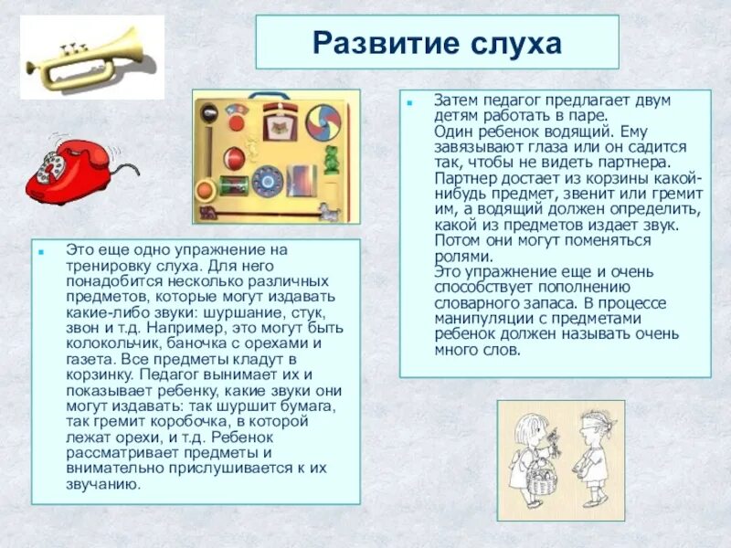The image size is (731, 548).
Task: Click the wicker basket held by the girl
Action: pyautogui.click(x=542, y=479)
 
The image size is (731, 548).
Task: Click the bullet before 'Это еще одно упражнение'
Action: pyautogui.click(x=41, y=248)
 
